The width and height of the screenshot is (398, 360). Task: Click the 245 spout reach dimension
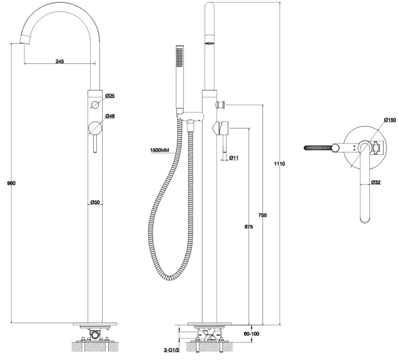[x=60, y=61]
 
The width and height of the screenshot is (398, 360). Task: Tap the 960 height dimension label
[x=11, y=183]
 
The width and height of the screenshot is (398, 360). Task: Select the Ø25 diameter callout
[x=110, y=96]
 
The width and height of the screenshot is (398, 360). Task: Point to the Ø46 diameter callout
[x=110, y=116]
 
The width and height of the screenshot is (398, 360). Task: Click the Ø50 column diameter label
[x=95, y=202]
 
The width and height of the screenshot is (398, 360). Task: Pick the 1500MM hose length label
[x=159, y=150]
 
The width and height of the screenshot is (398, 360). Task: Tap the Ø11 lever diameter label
[x=234, y=158]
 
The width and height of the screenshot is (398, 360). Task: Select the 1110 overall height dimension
[x=279, y=164]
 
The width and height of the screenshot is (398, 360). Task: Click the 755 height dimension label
[x=262, y=215]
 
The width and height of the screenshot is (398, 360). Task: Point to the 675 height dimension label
[x=249, y=227]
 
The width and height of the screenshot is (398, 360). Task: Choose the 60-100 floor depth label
[x=251, y=334]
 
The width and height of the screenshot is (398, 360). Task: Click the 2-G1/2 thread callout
[x=172, y=350]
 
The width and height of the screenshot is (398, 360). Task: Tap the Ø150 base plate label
[x=390, y=120]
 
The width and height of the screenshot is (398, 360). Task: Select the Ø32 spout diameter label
[x=376, y=182]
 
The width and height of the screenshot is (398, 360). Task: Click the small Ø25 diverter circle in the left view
[x=95, y=105]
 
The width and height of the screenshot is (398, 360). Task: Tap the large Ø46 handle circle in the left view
[x=95, y=128]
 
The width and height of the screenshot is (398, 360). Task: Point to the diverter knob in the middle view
[x=220, y=105]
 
